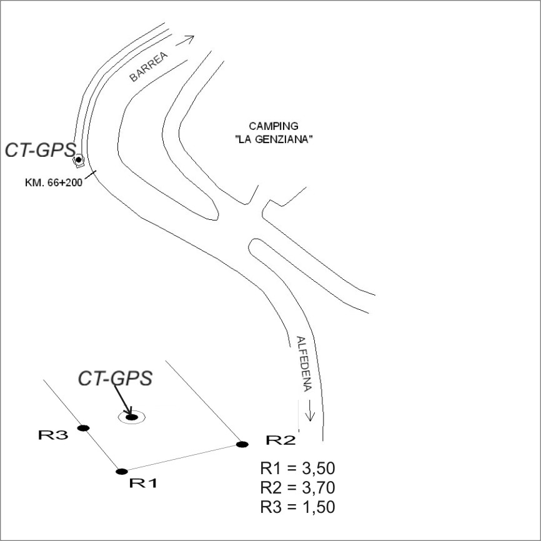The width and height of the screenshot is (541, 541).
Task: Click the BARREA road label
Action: tap(149, 67)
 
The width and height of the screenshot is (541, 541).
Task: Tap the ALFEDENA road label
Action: tap(304, 364)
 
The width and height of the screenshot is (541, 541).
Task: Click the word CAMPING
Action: tap(274, 126)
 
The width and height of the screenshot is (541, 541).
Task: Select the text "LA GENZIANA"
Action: tap(274, 139)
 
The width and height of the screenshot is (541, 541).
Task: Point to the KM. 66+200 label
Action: tap(54, 182)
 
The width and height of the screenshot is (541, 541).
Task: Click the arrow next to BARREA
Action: tap(186, 41)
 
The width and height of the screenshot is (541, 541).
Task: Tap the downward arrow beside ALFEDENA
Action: tap(310, 410)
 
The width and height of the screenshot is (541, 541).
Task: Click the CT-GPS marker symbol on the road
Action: tap(79, 160)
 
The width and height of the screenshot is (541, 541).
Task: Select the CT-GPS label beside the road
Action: tap(41, 151)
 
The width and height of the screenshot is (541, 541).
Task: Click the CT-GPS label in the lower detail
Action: tap(115, 378)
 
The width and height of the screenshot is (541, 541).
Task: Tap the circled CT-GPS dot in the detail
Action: tap(132, 417)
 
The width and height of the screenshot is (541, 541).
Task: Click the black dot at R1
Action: tap(122, 471)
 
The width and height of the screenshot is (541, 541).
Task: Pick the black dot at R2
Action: tap(242, 444)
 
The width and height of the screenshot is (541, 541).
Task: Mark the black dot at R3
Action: tap(83, 428)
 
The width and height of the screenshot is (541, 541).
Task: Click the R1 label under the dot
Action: tap(144, 483)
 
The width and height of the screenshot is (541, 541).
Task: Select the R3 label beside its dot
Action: tap(53, 435)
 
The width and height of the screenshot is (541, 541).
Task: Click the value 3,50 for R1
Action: tap(319, 469)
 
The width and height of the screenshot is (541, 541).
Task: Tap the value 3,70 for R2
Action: tap(319, 488)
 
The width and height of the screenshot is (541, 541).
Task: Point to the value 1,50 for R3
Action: tap(319, 507)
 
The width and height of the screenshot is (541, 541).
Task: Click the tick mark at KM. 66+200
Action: tap(91, 174)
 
